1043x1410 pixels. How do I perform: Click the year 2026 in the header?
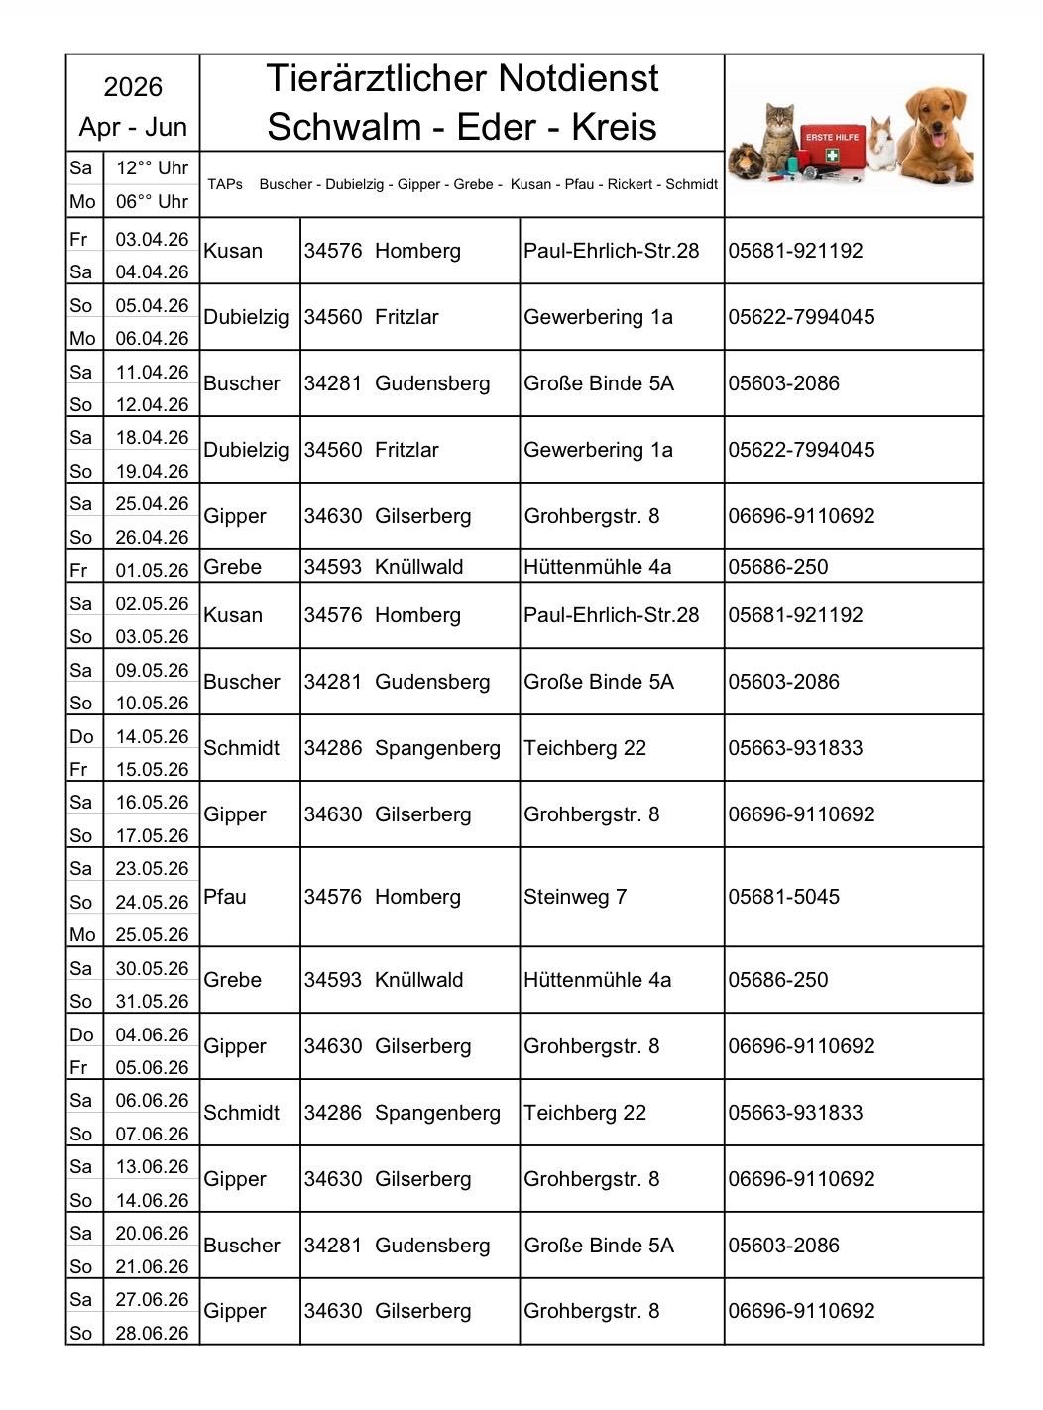pyautogui.click(x=133, y=87)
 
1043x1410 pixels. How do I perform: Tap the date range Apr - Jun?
pyautogui.click(x=133, y=127)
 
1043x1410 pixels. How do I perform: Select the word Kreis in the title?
pyautogui.click(x=615, y=127)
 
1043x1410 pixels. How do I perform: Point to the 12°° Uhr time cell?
pyautogui.click(x=152, y=167)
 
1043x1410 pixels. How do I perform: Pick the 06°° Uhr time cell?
pyautogui.click(x=152, y=201)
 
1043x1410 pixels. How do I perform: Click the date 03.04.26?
pyautogui.click(x=152, y=239)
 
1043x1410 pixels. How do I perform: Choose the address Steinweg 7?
pyautogui.click(x=575, y=897)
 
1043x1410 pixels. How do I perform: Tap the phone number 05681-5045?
pyautogui.click(x=783, y=897)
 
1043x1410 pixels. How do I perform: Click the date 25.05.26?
pyautogui.click(x=152, y=934)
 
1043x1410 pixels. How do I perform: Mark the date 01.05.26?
pyautogui.click(x=152, y=570)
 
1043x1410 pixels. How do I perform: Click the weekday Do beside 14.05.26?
pyautogui.click(x=81, y=736)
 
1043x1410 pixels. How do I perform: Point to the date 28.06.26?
pyautogui.click(x=152, y=1333)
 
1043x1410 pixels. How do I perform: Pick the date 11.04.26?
pyautogui.click(x=152, y=372)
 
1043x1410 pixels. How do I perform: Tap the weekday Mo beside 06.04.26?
pyautogui.click(x=82, y=338)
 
